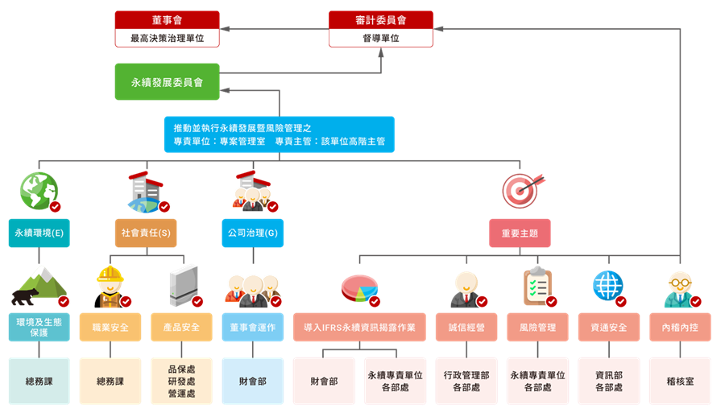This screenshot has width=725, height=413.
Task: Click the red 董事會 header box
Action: (x=167, y=19)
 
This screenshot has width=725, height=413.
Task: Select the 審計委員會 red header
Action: (x=381, y=19)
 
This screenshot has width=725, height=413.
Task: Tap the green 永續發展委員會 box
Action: (x=167, y=81)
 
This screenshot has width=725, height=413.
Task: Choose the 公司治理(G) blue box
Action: (x=253, y=233)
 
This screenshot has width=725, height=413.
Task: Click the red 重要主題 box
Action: (x=519, y=233)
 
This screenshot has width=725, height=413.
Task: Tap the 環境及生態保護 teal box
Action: (x=39, y=327)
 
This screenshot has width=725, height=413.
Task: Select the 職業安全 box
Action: (x=110, y=327)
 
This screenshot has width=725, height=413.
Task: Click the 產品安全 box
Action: (x=182, y=327)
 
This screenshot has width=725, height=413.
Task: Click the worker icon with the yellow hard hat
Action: (x=110, y=286)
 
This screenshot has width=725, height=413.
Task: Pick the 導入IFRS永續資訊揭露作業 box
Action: (x=359, y=327)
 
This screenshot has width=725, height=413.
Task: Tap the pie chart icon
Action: (x=359, y=288)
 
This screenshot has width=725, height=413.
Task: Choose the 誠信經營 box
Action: (x=466, y=327)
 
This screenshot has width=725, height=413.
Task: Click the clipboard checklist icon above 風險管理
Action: (x=536, y=286)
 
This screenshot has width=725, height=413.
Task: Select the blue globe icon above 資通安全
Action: (x=607, y=286)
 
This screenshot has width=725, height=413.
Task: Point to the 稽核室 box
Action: (x=680, y=381)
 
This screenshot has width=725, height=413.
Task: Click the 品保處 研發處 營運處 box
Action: (x=182, y=381)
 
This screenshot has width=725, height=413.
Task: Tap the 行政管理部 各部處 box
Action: (x=466, y=381)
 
